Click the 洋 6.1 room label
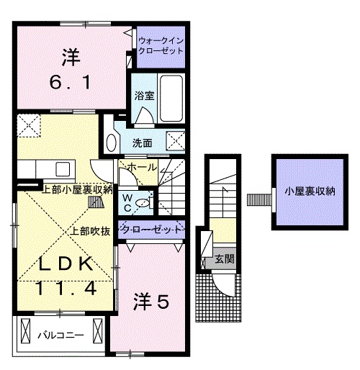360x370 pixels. (70, 69)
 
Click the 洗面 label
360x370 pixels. (142, 142)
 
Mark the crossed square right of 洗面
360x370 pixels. (175, 140)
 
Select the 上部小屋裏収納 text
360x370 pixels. (78, 190)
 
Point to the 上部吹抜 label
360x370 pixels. (90, 231)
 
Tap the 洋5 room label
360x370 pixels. (150, 302)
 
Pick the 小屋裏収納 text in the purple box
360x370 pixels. (310, 191)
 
